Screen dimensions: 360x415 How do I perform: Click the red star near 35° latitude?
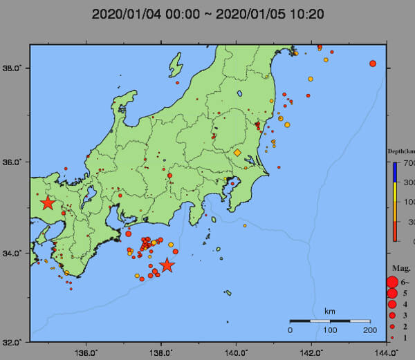(48, 203)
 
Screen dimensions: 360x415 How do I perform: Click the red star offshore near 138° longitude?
(167, 265)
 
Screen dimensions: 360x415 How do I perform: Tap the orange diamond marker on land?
(237, 152)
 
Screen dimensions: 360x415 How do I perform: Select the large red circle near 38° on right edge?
(373, 64)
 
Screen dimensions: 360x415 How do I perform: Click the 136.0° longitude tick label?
(86, 352)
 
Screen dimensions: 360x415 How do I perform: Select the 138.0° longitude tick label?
(161, 352)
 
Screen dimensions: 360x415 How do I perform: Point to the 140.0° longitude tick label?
(237, 352)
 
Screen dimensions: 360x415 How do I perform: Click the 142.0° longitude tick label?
(311, 352)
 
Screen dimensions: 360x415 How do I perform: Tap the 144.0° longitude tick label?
(387, 352)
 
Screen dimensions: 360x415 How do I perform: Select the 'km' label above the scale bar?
(330, 312)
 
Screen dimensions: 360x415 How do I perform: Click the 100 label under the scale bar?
(330, 330)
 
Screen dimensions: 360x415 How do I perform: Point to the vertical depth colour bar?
(394, 201)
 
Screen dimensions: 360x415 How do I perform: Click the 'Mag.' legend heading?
(400, 268)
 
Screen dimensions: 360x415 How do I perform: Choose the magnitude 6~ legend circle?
(392, 282)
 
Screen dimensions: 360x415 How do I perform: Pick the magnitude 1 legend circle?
(392, 337)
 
